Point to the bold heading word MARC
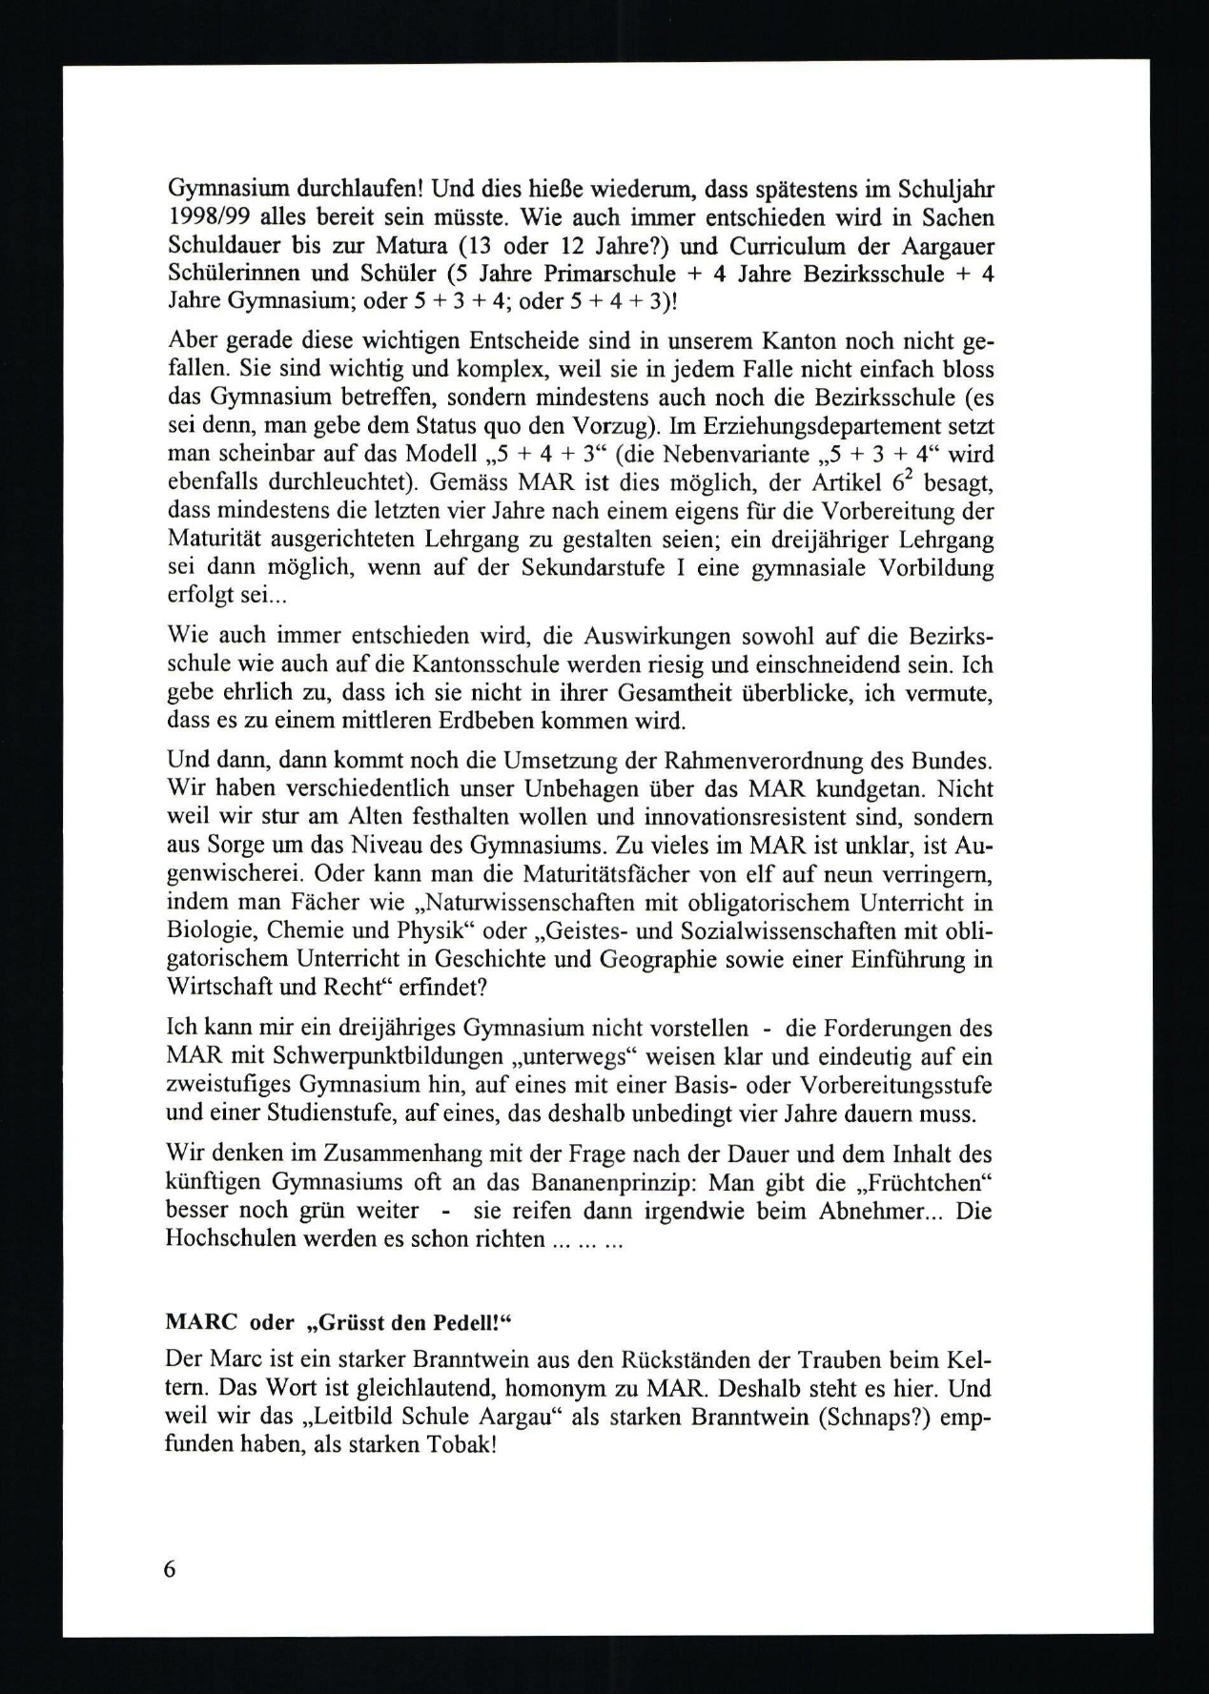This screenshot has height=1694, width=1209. [200, 1324]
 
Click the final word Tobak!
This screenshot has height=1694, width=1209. [461, 1445]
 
